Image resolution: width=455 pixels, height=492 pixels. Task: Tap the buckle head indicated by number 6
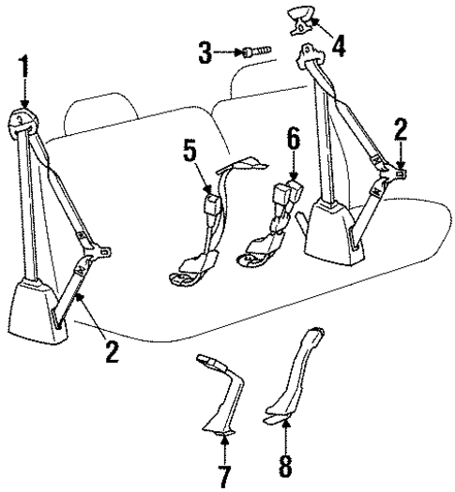(x=284, y=199)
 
